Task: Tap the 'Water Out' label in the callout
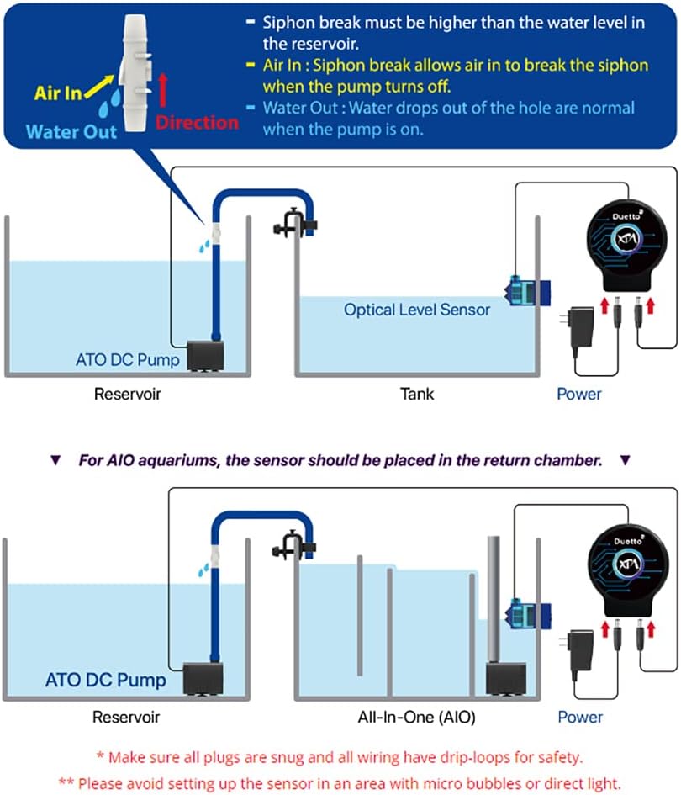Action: (71, 131)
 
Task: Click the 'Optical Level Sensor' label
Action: (416, 310)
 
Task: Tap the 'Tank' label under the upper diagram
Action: (416, 393)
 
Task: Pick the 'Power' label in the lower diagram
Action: (580, 717)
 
